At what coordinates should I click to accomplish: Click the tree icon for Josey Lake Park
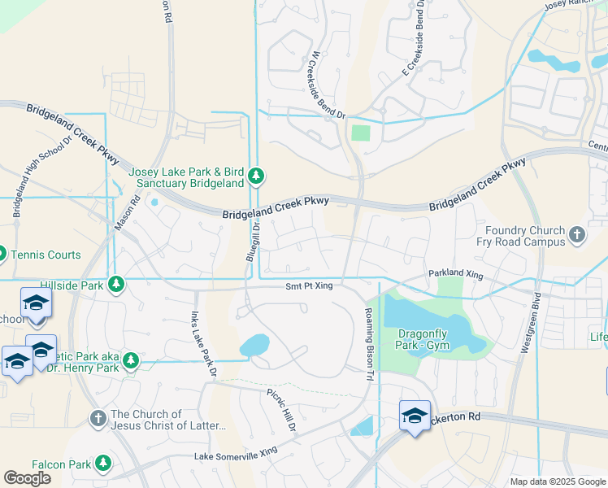[256, 176]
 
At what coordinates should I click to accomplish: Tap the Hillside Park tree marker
[116, 284]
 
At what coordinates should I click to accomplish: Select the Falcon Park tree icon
[102, 464]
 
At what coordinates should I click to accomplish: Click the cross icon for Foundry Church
[576, 235]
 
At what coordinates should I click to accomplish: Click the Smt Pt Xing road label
[309, 286]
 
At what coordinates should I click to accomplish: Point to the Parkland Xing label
[454, 276]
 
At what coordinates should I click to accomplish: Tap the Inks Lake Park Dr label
[202, 345]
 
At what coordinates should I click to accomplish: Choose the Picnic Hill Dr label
[282, 409]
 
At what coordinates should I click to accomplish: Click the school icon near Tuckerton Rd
[415, 416]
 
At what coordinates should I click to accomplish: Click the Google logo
[27, 477]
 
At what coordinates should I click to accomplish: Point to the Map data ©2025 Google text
[557, 481]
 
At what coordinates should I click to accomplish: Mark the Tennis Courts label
[46, 255]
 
